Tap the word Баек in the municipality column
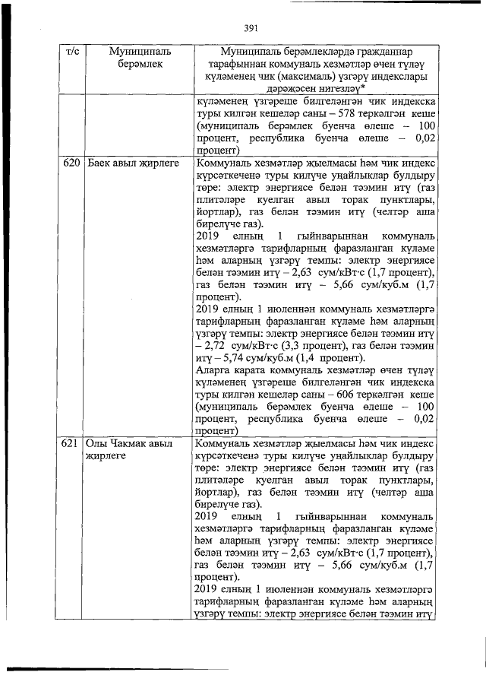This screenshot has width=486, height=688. pyautogui.click(x=100, y=163)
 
